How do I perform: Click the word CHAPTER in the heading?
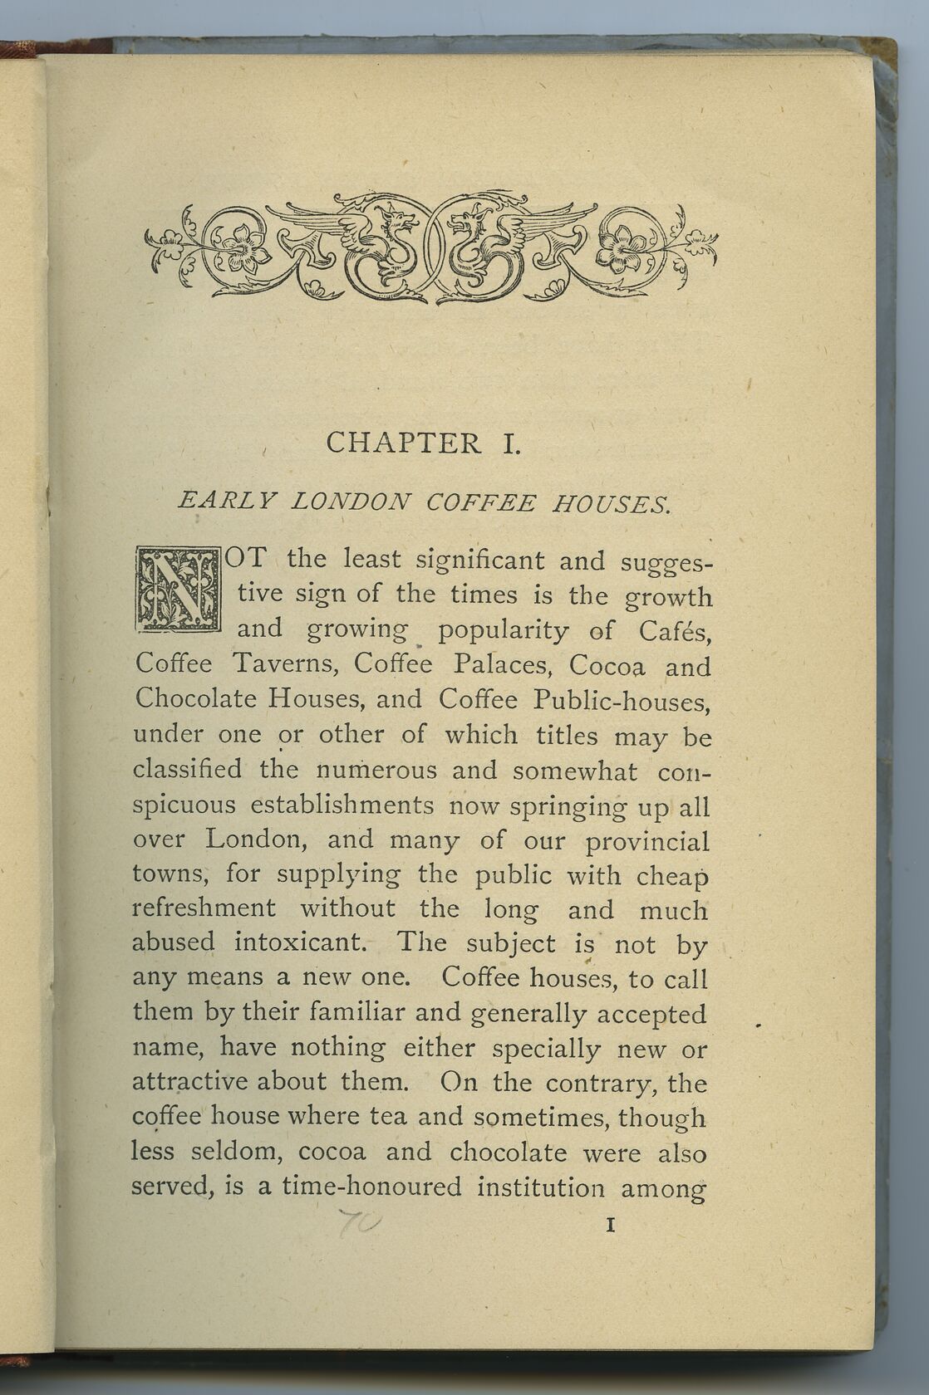404,443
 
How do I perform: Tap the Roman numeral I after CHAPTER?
510,443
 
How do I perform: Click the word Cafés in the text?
674,631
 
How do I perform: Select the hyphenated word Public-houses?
622,702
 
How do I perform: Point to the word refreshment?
204,908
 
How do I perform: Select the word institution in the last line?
540,1187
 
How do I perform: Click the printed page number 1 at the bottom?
611,1224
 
